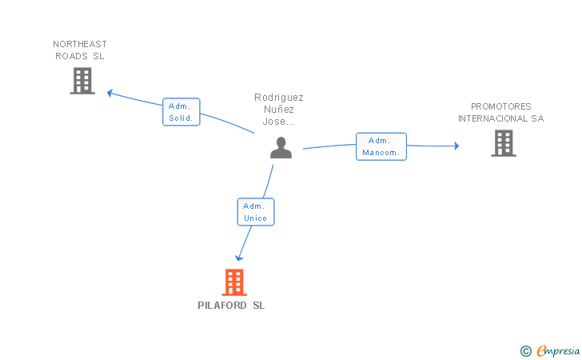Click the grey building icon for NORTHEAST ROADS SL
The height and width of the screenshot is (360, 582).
(x=82, y=81)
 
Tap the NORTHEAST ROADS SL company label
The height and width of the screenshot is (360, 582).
(x=80, y=50)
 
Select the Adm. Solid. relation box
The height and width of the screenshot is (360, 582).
(x=181, y=112)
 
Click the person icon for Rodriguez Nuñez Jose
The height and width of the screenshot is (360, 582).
(x=281, y=147)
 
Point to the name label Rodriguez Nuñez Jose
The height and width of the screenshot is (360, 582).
(x=279, y=110)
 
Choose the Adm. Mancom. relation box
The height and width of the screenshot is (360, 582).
(x=381, y=146)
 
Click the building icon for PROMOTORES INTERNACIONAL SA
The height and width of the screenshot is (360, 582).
(x=503, y=143)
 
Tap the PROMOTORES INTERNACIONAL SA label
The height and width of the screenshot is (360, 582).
(x=500, y=112)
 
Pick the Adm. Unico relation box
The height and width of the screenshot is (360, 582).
(x=256, y=212)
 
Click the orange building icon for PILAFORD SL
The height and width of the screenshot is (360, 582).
(x=233, y=282)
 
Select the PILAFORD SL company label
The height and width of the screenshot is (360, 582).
(x=231, y=306)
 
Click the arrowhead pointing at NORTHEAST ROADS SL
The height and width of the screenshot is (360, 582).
(x=111, y=93)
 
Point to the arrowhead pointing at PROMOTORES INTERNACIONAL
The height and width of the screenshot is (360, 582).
(x=456, y=146)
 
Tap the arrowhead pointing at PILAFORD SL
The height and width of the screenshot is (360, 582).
(x=239, y=258)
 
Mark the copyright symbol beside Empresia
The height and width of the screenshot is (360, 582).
(x=525, y=350)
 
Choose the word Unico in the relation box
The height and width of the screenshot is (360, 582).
(x=256, y=218)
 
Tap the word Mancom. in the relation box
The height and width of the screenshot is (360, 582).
(x=381, y=153)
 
